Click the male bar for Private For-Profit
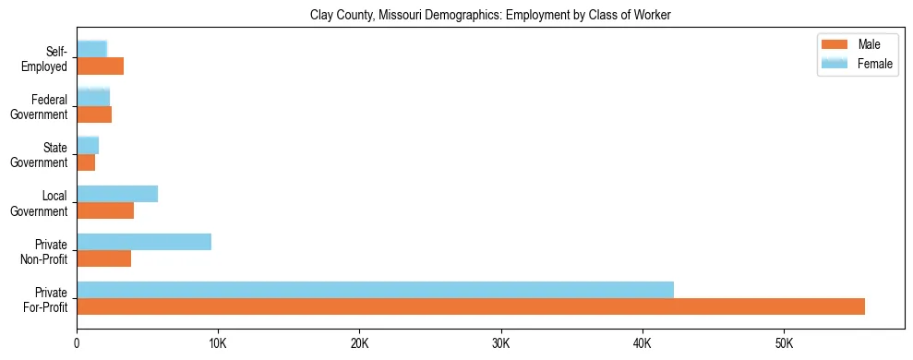coord(471,306)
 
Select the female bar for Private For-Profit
coord(375,290)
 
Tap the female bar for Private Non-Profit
coord(144,242)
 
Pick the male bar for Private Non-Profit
coord(104,258)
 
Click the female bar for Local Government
coord(117,194)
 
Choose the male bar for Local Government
coord(105,210)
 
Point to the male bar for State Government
coord(86,162)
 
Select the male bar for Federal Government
coord(94,114)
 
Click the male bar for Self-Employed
coord(100,66)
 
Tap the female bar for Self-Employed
coord(92,49)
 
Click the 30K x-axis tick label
coord(500,343)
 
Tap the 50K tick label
coord(783,343)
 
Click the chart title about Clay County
coord(490,15)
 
